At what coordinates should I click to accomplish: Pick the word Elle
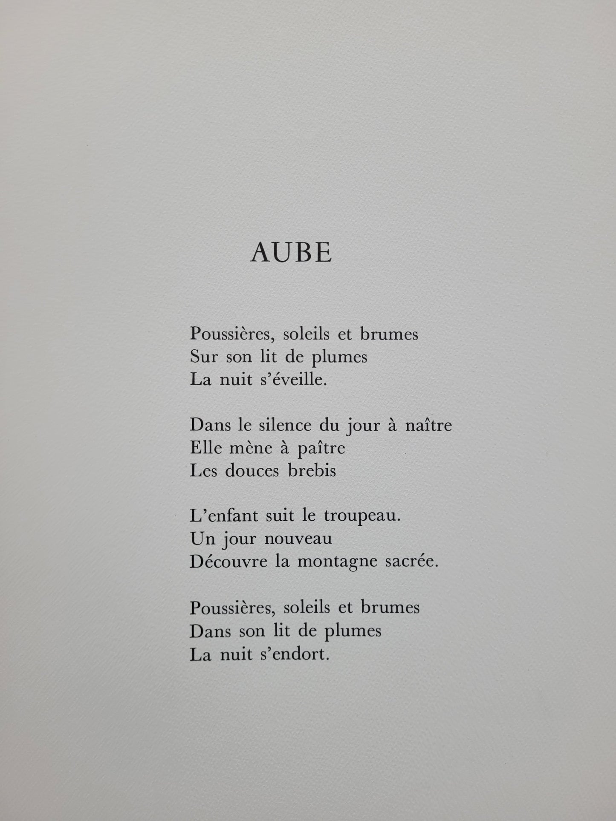click(x=204, y=448)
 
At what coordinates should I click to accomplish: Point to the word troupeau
click(x=362, y=517)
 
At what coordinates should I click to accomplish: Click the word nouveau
click(x=298, y=539)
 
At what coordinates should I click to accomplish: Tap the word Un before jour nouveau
click(x=202, y=539)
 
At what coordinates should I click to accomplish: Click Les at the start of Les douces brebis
click(x=204, y=471)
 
